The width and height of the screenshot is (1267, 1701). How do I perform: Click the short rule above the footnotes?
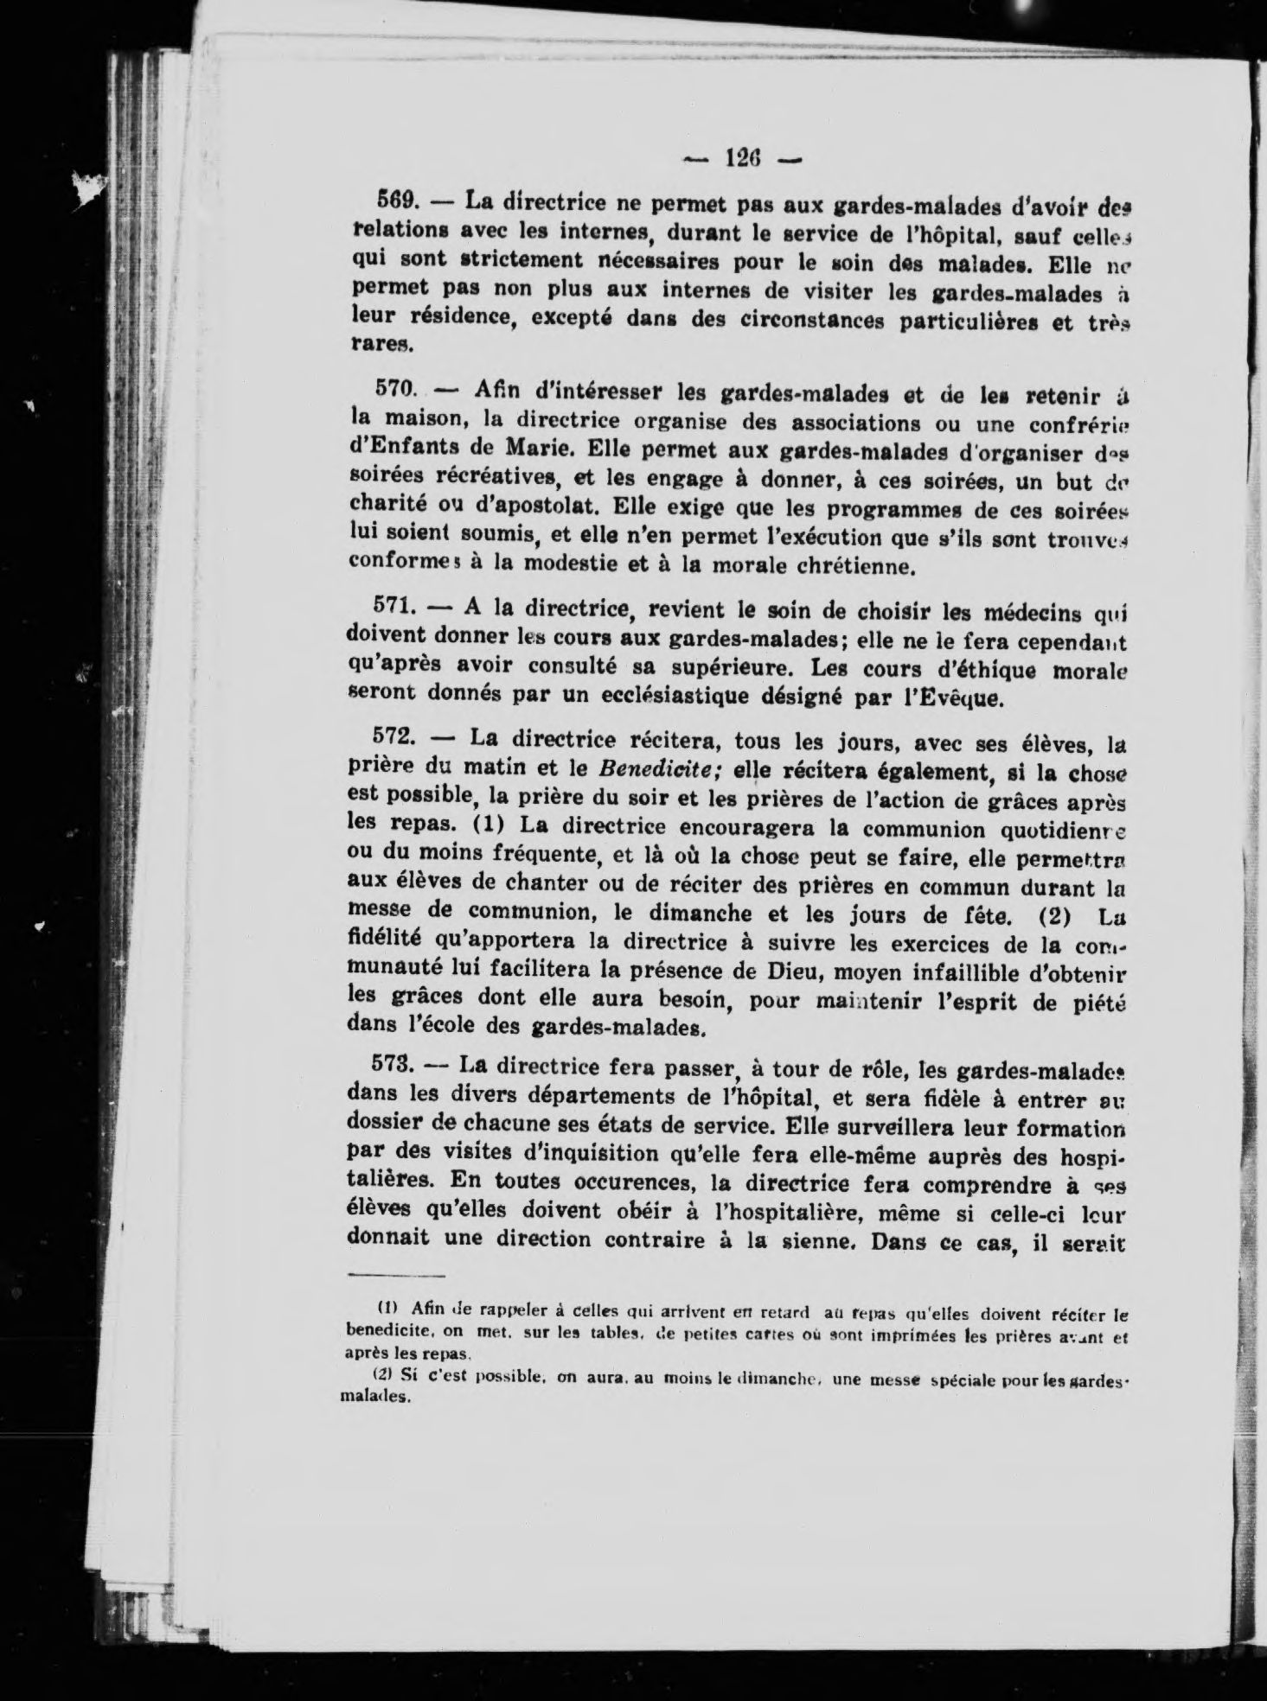click(x=396, y=1277)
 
